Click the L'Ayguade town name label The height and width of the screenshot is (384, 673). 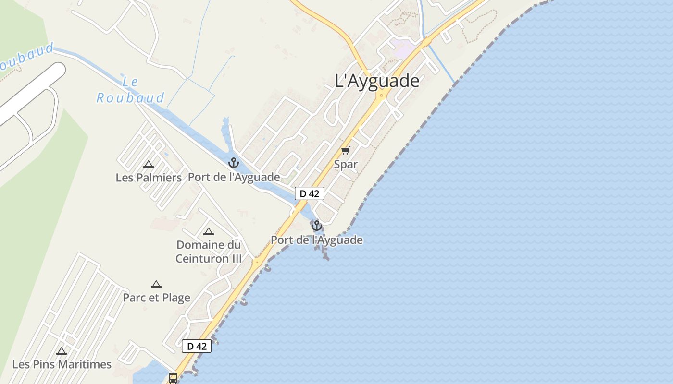pos(377,81)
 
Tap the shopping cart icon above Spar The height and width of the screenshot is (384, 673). pos(346,150)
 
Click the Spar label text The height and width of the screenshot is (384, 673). pos(346,164)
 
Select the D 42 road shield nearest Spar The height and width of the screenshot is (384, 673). pos(310,193)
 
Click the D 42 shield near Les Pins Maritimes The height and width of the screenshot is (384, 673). pos(197,346)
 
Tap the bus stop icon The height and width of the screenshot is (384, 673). pos(173,378)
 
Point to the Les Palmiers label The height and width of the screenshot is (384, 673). pos(149,178)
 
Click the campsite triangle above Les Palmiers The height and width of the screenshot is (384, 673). pos(149,164)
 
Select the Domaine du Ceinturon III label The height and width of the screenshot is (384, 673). pos(208,252)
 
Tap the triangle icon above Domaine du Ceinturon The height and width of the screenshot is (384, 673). pos(208,231)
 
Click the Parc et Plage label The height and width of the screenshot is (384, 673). pos(156,298)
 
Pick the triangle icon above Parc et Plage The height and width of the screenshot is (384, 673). pos(156,284)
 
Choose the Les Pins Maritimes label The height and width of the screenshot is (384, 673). pos(62,364)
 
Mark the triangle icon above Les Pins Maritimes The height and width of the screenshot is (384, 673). pos(62,351)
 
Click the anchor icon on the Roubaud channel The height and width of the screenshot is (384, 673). pos(234,162)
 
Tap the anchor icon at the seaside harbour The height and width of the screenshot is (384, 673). pos(316,225)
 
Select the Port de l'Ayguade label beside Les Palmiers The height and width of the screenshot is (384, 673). pos(234,177)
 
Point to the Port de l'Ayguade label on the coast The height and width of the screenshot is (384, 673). pos(316,240)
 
